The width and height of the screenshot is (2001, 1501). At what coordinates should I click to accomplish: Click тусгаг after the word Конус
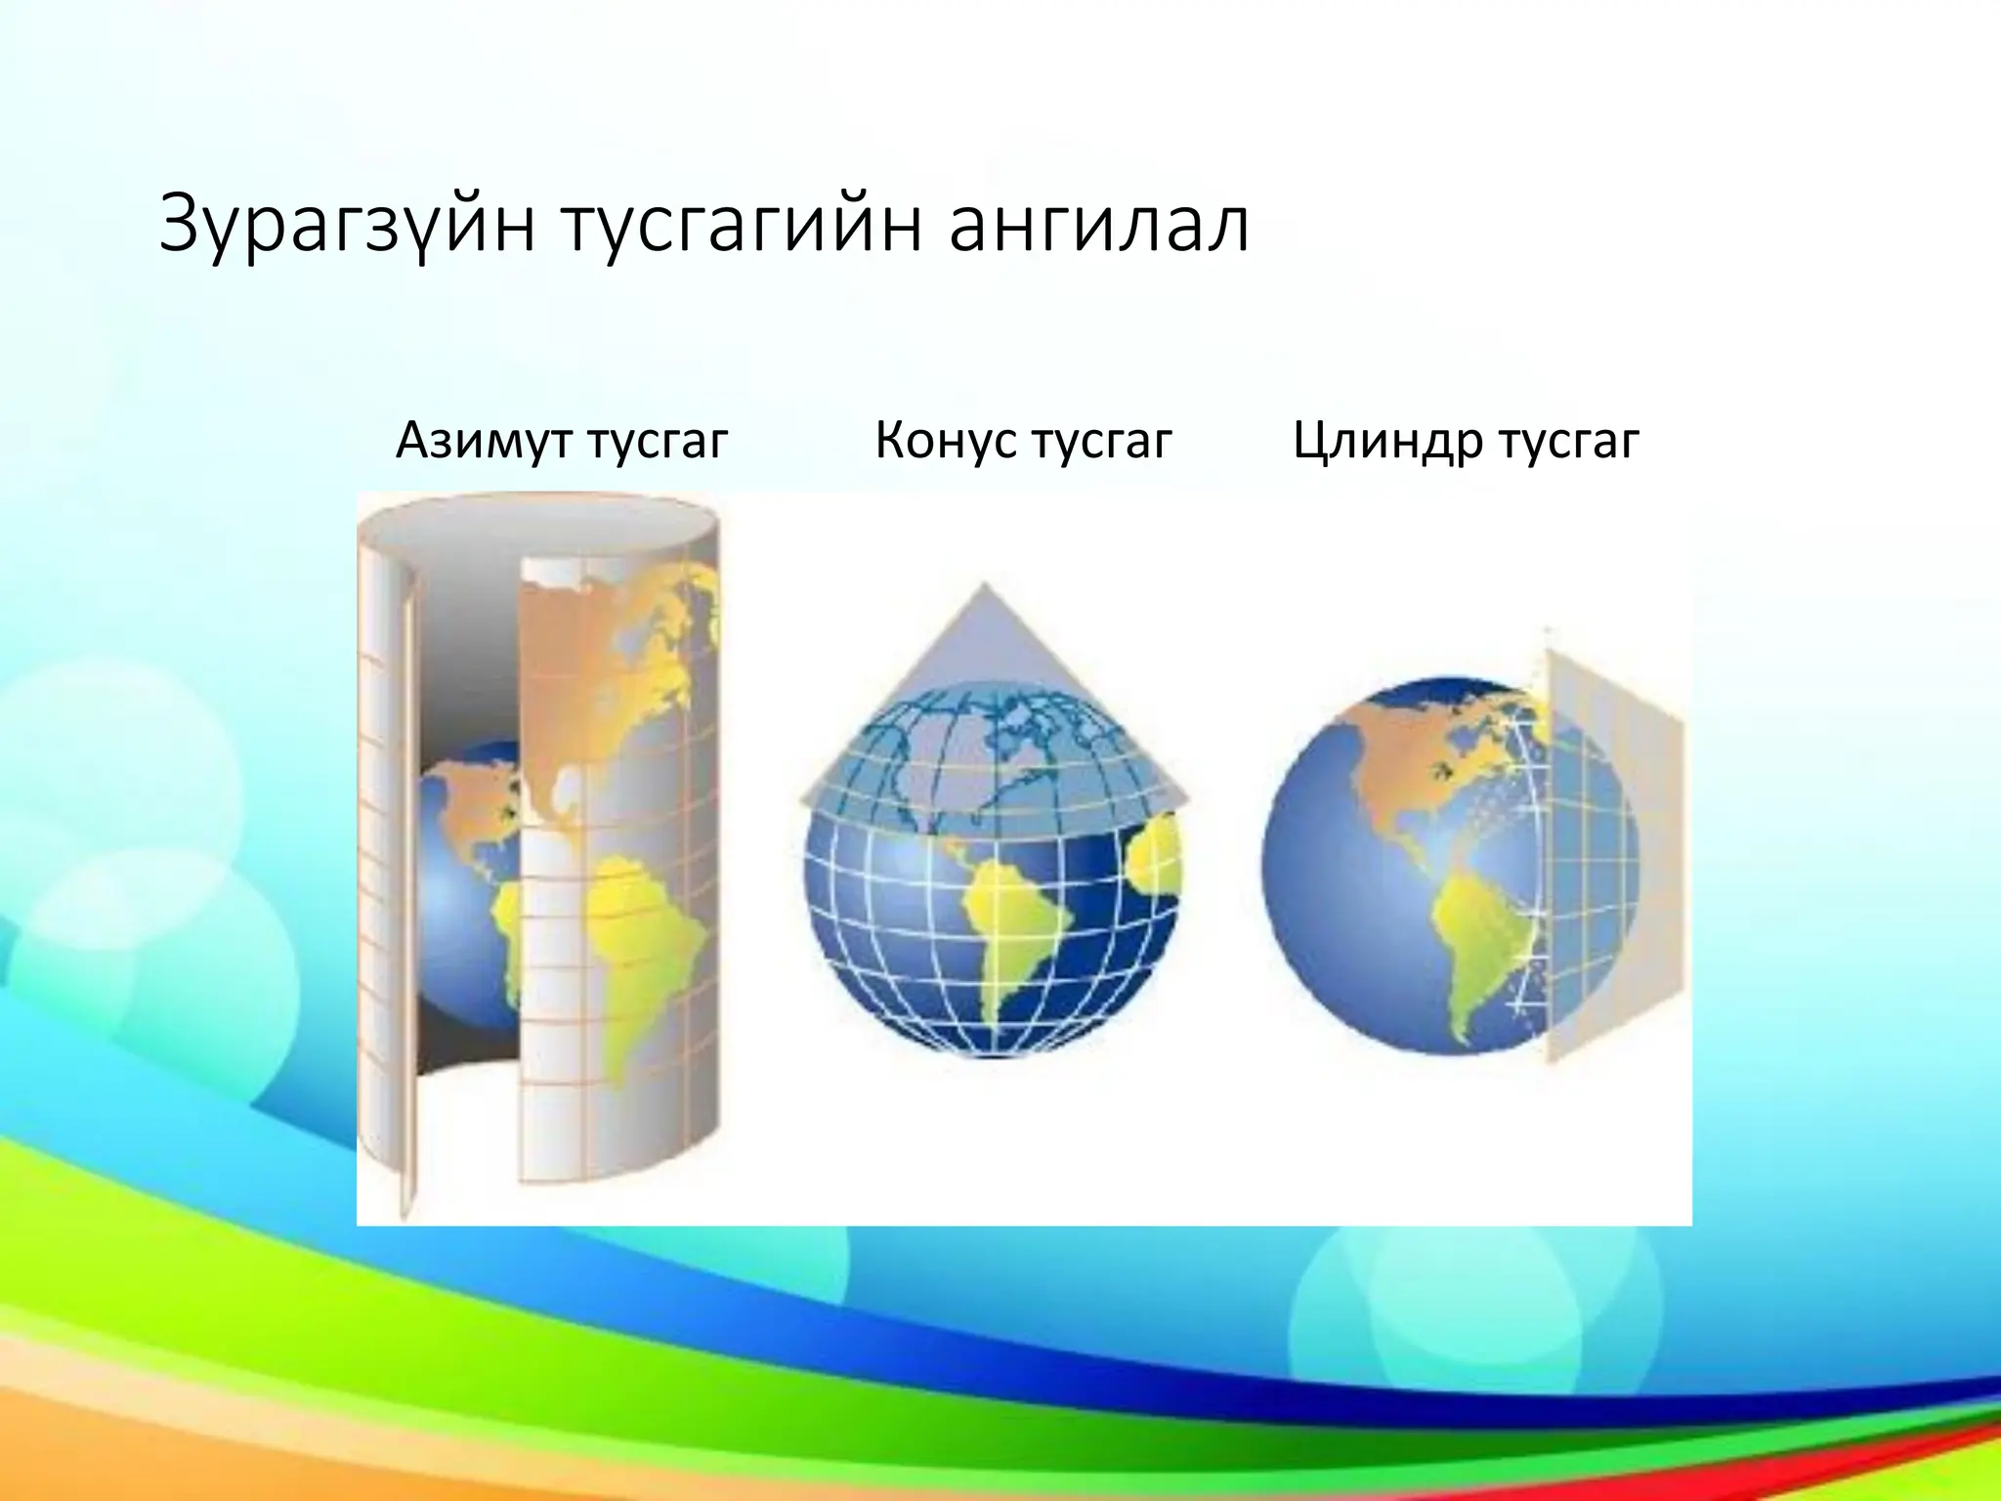pos(1101,441)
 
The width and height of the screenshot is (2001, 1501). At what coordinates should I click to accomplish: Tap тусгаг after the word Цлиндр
pos(1569,441)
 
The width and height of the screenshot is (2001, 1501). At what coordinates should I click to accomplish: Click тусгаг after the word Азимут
pos(658,441)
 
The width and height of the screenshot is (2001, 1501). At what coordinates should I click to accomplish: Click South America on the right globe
pos(1475,938)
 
